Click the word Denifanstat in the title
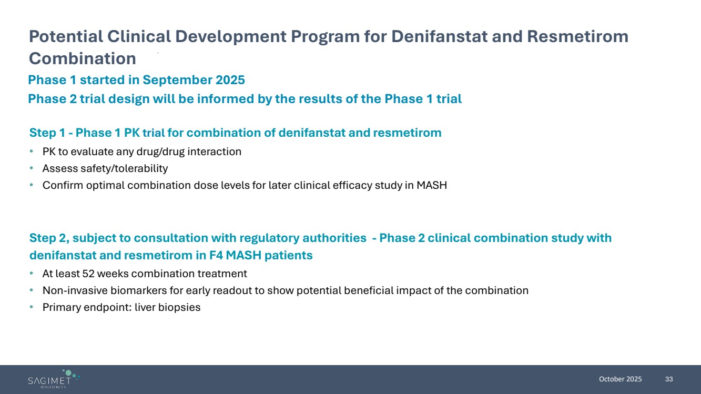[x=440, y=36]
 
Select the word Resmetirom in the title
[x=578, y=36]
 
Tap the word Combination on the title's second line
[x=83, y=58]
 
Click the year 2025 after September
[x=230, y=80]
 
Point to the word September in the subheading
[x=177, y=80]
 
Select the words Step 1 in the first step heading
[x=47, y=133]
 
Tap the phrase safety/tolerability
[x=124, y=169]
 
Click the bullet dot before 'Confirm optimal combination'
[x=32, y=185]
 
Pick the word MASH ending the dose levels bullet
[x=432, y=185]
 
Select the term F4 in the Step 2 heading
[x=216, y=255]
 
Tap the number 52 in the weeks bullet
[x=88, y=274]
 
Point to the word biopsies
[x=179, y=308]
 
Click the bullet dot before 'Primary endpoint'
[x=32, y=307]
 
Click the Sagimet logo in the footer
[x=54, y=379]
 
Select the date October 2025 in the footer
[x=620, y=379]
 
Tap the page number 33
[x=669, y=379]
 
